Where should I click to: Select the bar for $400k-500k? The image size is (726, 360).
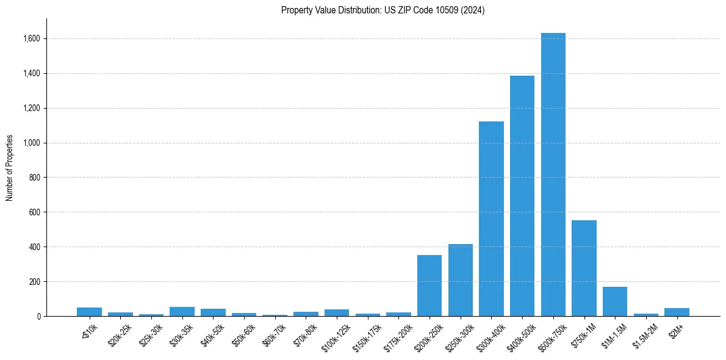tap(522, 196)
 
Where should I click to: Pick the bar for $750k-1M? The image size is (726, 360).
tap(584, 268)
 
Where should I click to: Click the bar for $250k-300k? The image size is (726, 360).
tap(461, 280)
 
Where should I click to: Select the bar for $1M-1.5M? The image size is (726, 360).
tap(614, 301)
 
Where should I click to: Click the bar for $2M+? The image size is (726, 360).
tap(677, 312)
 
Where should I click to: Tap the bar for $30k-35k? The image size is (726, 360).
tap(182, 311)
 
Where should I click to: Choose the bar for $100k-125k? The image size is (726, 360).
tap(337, 312)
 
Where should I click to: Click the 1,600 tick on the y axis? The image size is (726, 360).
tap(32, 38)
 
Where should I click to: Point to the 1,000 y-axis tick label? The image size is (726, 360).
tap(32, 143)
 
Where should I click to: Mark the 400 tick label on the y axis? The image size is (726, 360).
tap(35, 247)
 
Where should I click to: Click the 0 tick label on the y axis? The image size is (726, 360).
tap(38, 317)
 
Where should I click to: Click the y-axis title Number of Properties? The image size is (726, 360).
tap(9, 168)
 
